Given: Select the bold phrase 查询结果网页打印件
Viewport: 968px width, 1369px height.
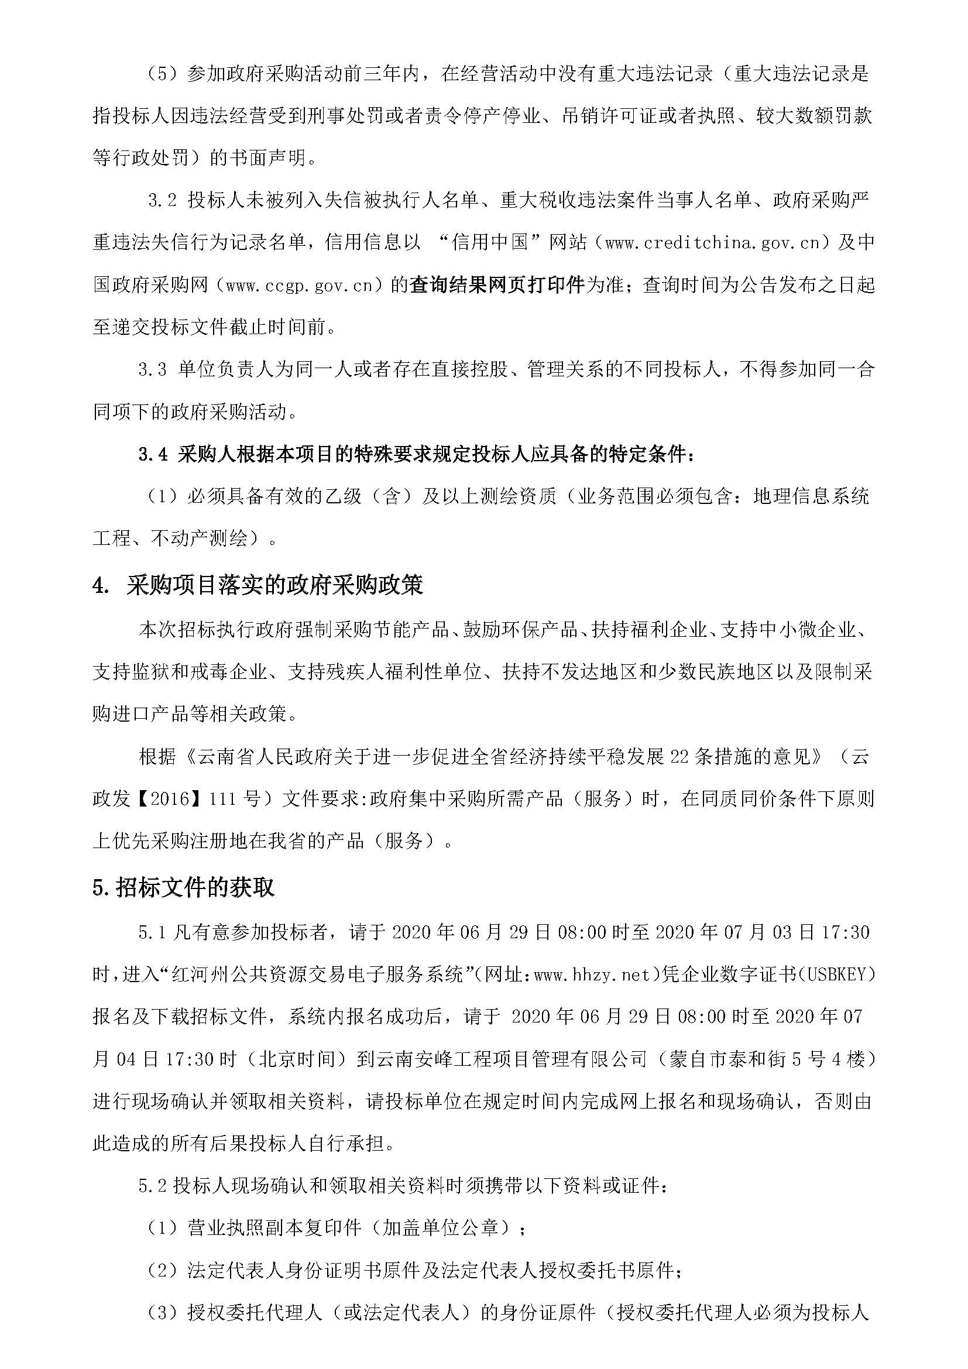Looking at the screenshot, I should pos(497,286).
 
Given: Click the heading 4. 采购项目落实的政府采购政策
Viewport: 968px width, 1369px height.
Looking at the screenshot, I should pos(258,585).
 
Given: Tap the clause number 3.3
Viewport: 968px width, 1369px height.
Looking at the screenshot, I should pos(153,370).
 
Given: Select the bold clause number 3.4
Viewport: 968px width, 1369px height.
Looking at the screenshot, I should pos(153,455).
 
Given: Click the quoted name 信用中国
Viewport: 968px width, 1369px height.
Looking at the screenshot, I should pos(490,243).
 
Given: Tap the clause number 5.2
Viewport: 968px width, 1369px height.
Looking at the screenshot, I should pos(153,1186).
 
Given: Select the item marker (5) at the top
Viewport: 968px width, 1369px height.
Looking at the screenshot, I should pos(164,74).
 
